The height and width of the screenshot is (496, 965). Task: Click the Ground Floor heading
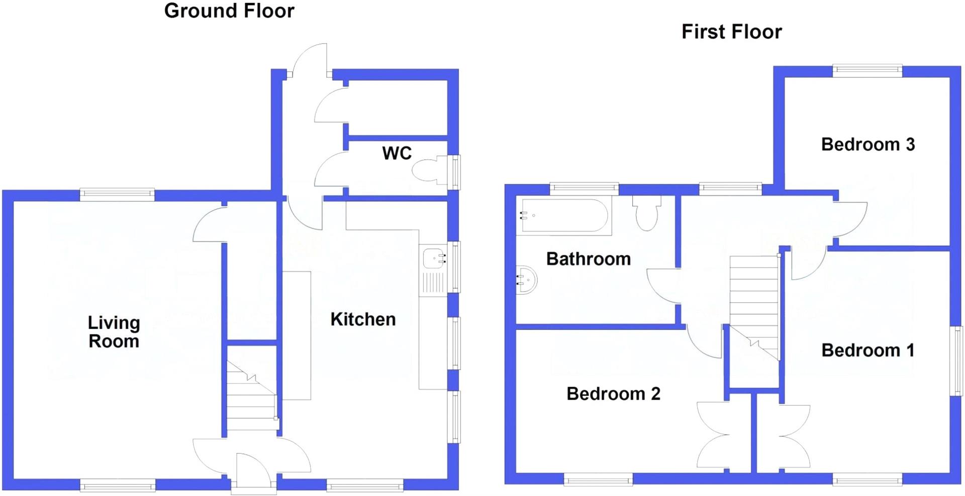pyautogui.click(x=229, y=11)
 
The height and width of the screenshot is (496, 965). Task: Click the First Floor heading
pyautogui.click(x=731, y=32)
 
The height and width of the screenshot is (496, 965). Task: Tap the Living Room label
pyautogui.click(x=114, y=332)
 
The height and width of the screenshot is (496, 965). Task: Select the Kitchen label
pyautogui.click(x=363, y=319)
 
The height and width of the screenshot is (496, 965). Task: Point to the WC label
pyautogui.click(x=397, y=153)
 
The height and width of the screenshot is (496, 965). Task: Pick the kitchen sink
pyautogui.click(x=434, y=259)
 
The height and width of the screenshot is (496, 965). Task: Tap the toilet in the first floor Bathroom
pyautogui.click(x=647, y=214)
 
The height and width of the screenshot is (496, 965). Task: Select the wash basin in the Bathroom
pyautogui.click(x=527, y=279)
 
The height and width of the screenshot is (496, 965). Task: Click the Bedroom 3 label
pyautogui.click(x=867, y=145)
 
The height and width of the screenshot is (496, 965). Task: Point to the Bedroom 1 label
pyautogui.click(x=867, y=350)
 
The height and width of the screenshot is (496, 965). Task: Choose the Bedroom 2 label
pyautogui.click(x=613, y=394)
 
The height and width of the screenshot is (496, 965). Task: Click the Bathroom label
pyautogui.click(x=588, y=259)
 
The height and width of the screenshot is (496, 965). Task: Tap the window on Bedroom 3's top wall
pyautogui.click(x=867, y=71)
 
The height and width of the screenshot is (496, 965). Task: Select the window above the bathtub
pyautogui.click(x=584, y=189)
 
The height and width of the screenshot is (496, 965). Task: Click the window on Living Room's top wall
pyautogui.click(x=117, y=195)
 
